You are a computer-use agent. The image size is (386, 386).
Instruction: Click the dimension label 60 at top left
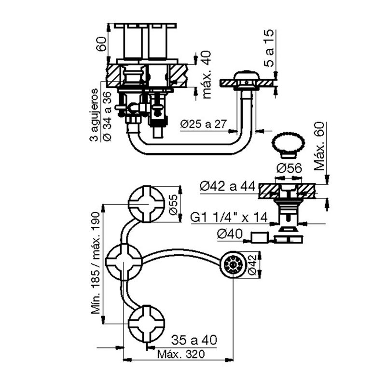102,43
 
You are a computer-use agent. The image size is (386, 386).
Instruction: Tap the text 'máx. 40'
207,75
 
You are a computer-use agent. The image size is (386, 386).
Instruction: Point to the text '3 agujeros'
94,115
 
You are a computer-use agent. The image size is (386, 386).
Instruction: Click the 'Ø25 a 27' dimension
203,124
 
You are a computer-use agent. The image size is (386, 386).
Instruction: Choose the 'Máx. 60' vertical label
319,146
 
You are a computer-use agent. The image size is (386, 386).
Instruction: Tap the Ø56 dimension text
289,168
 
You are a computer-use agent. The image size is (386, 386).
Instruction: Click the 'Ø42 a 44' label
228,187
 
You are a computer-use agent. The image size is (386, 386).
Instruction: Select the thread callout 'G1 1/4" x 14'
229,218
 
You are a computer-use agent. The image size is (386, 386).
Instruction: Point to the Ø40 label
230,234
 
